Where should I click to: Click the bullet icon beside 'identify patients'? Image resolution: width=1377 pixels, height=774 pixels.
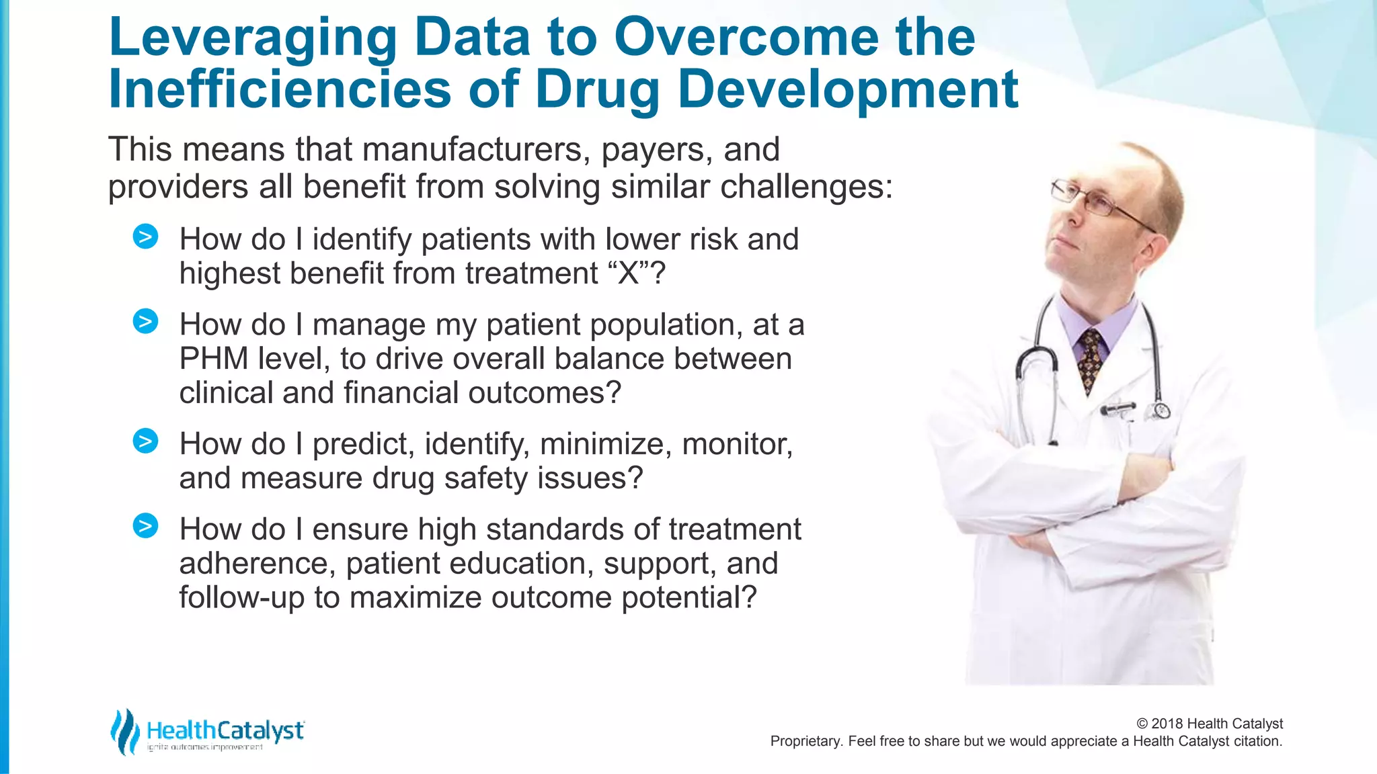(x=145, y=236)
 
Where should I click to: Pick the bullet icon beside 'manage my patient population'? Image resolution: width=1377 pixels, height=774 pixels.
(x=145, y=322)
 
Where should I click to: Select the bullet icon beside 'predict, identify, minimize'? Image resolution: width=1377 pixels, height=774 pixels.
(x=145, y=441)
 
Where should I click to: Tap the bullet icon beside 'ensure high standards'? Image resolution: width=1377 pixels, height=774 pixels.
(x=145, y=526)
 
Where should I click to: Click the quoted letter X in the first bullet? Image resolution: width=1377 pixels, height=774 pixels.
(x=628, y=273)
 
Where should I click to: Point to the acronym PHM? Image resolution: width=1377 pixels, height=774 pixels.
(x=214, y=359)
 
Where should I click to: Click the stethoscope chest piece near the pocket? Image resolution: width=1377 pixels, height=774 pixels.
(x=1161, y=410)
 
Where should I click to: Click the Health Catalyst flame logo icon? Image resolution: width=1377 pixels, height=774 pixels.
(x=124, y=732)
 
